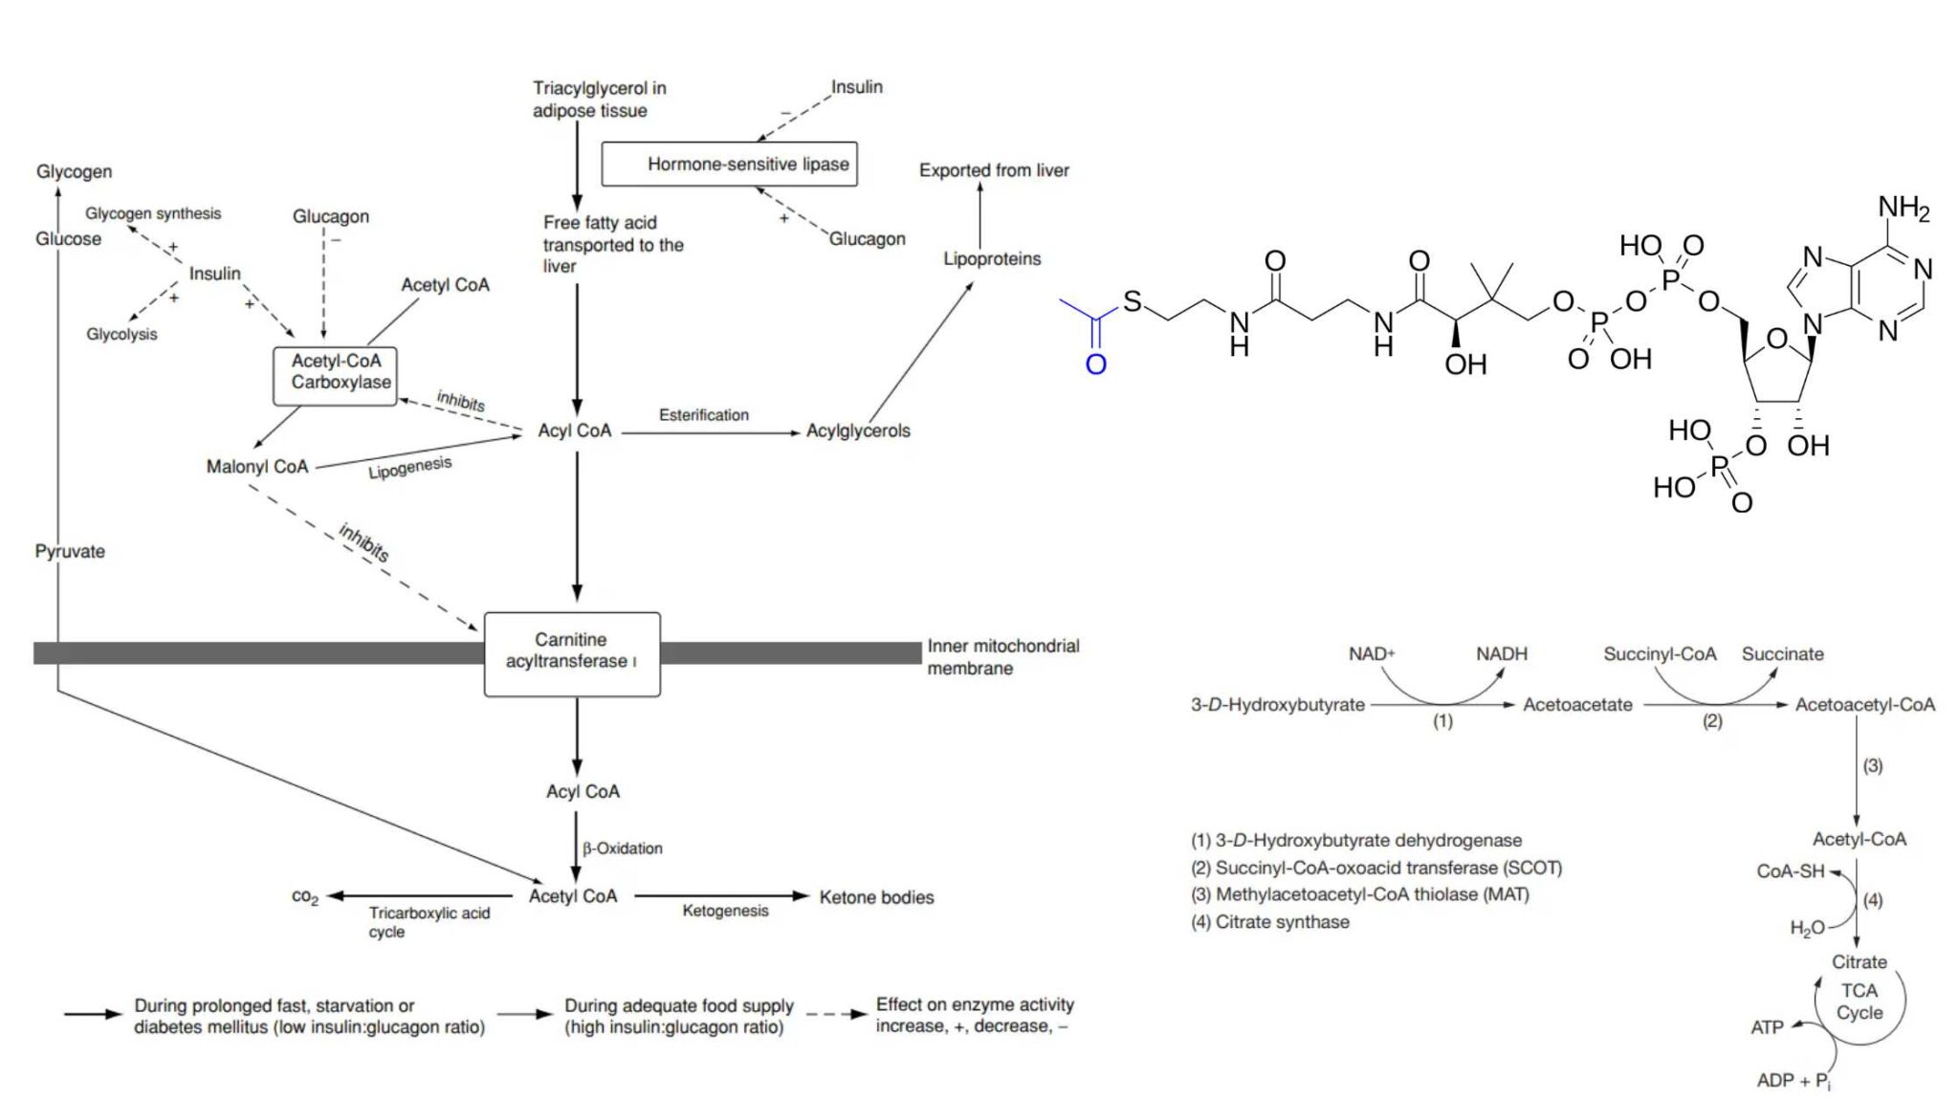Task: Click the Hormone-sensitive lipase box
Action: point(729,164)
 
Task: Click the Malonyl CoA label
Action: point(257,467)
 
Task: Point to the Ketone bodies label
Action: point(876,897)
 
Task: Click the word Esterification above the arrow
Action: point(703,415)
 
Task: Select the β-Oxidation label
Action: point(622,849)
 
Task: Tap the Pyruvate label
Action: point(70,552)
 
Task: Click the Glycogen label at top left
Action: point(74,172)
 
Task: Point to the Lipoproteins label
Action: point(992,259)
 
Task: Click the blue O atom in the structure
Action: point(1095,364)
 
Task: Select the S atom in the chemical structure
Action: point(1133,302)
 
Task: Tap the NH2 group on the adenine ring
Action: point(1904,208)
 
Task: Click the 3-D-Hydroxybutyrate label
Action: point(1277,705)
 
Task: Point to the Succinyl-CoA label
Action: point(1660,654)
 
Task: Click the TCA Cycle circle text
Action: point(1859,1002)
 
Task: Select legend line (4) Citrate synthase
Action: point(1269,922)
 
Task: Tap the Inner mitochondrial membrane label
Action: point(1002,657)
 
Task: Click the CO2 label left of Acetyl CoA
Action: point(305,897)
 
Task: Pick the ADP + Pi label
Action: point(1793,1081)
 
